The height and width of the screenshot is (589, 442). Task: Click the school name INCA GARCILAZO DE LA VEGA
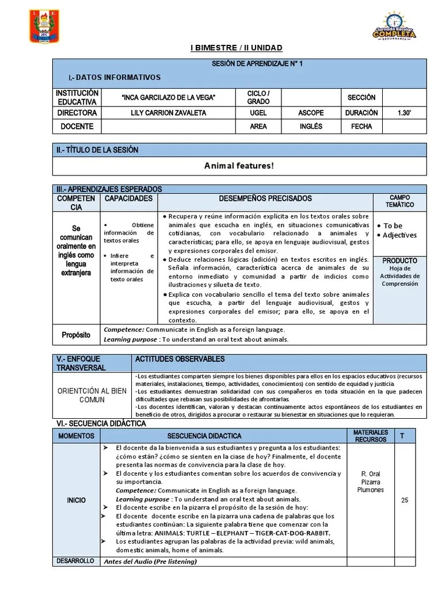pos(169,98)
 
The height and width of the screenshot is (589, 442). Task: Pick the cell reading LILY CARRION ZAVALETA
pos(168,113)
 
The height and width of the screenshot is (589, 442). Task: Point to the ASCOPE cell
pos(311,113)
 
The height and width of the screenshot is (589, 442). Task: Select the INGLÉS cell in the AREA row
pos(311,127)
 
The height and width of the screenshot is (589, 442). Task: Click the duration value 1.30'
pos(404,113)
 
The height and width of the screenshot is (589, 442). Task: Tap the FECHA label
pos(361,127)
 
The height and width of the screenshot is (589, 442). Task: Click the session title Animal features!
pos(239,166)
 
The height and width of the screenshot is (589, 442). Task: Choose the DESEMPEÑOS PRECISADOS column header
pos(265,198)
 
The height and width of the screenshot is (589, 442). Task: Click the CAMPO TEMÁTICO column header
pos(399,201)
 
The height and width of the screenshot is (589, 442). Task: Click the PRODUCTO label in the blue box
pos(399,261)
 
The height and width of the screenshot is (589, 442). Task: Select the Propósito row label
pos(76,335)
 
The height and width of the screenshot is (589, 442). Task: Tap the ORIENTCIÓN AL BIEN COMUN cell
pos(92,395)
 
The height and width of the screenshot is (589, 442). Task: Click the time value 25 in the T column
pos(404,500)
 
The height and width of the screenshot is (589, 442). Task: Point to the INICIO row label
pos(76,500)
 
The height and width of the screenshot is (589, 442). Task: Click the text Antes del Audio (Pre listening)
pos(151,561)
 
